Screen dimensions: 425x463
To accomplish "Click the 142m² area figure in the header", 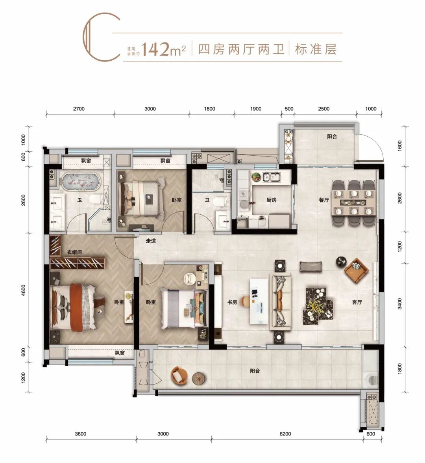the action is pyautogui.click(x=164, y=49).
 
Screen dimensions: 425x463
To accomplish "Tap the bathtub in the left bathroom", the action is pyautogui.click(x=81, y=182).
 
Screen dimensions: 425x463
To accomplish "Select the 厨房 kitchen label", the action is pyautogui.click(x=272, y=200).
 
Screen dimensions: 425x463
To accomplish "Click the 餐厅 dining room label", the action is pyautogui.click(x=323, y=200).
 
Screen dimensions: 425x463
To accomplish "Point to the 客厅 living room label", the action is pyautogui.click(x=357, y=302).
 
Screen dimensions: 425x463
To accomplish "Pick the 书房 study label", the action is pyautogui.click(x=232, y=302).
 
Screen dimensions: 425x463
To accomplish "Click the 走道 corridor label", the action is pyautogui.click(x=151, y=241).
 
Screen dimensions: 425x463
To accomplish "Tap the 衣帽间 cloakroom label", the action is pyautogui.click(x=74, y=252).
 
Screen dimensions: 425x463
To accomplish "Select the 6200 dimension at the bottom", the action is pyautogui.click(x=285, y=434).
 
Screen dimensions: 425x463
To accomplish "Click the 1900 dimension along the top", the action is pyautogui.click(x=256, y=109).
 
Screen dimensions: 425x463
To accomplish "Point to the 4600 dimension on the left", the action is pyautogui.click(x=23, y=290).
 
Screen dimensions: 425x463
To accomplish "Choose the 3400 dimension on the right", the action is pyautogui.click(x=400, y=303).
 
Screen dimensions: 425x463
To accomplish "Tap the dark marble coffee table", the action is pyautogui.click(x=318, y=306).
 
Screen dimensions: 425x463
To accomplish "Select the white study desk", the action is pyautogui.click(x=259, y=301).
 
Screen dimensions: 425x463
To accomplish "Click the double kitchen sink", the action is pyautogui.click(x=272, y=177).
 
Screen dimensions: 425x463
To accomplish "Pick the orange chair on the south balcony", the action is pyautogui.click(x=179, y=375).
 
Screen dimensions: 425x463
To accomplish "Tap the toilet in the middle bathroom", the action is pyautogui.click(x=220, y=202).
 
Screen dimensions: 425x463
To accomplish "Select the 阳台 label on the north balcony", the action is pyautogui.click(x=332, y=137).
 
